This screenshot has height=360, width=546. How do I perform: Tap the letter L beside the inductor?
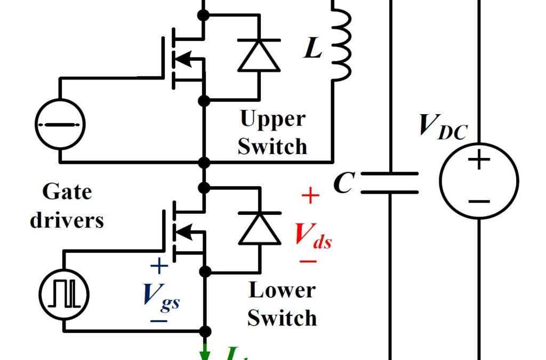click(x=314, y=49)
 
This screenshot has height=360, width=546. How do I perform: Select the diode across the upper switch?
click(x=259, y=56)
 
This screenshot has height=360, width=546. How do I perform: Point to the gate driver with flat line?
click(x=60, y=124)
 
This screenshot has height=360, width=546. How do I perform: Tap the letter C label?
click(x=344, y=183)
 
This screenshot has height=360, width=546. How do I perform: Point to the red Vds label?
click(x=313, y=235)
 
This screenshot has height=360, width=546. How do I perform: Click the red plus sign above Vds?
click(x=310, y=196)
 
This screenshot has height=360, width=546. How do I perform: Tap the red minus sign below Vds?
click(x=308, y=261)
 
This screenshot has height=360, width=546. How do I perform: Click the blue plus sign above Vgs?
click(x=159, y=266)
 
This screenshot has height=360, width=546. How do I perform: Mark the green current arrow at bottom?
click(x=205, y=353)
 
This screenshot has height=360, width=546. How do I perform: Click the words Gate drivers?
click(x=67, y=206)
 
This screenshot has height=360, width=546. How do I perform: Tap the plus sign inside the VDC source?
click(x=479, y=160)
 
